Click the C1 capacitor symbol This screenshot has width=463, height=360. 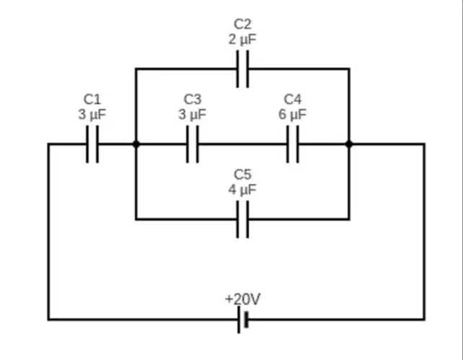[x=92, y=144]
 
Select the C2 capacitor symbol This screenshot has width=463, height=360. [x=242, y=69]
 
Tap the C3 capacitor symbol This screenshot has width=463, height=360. [x=193, y=144]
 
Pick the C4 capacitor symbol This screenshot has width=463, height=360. [x=293, y=144]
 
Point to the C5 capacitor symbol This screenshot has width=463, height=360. [x=242, y=219]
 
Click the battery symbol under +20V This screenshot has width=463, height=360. [x=243, y=320]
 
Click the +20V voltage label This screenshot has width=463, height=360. [x=242, y=299]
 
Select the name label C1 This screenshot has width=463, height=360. [x=92, y=100]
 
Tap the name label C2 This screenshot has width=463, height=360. [x=242, y=25]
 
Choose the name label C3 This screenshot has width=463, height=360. [x=193, y=100]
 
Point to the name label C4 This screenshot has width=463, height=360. [x=293, y=100]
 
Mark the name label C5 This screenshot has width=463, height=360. [x=242, y=175]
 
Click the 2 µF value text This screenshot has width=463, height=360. [x=242, y=40]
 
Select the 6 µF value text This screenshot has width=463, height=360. [x=293, y=115]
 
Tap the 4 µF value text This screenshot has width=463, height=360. [x=242, y=190]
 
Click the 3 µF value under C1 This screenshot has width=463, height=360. [x=92, y=115]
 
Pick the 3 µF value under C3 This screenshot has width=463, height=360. [x=193, y=115]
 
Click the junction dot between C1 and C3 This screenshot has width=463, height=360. [x=136, y=144]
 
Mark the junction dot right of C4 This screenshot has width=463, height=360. [x=349, y=144]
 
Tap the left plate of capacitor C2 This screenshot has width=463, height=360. [x=237, y=69]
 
